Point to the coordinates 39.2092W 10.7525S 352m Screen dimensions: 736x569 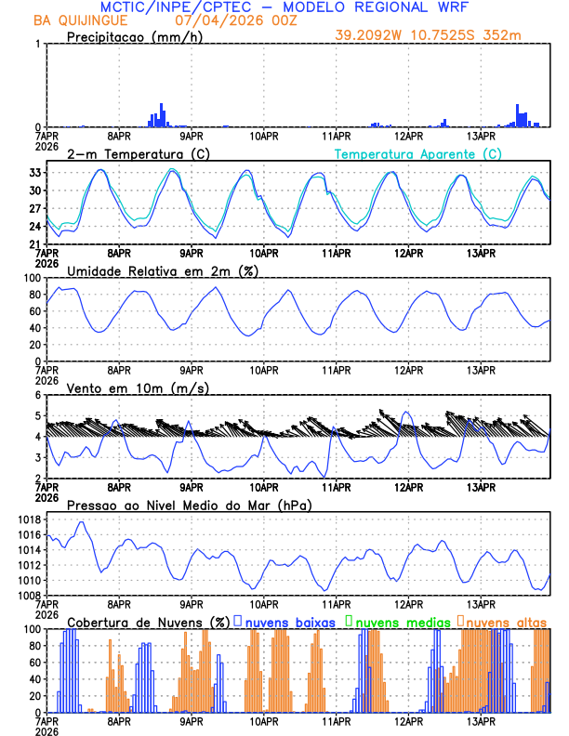442,36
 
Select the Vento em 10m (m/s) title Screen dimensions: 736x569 138,388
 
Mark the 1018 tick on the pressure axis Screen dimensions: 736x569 28,520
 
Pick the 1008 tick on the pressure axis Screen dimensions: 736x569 28,595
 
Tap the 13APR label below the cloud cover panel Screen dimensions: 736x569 481,720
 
